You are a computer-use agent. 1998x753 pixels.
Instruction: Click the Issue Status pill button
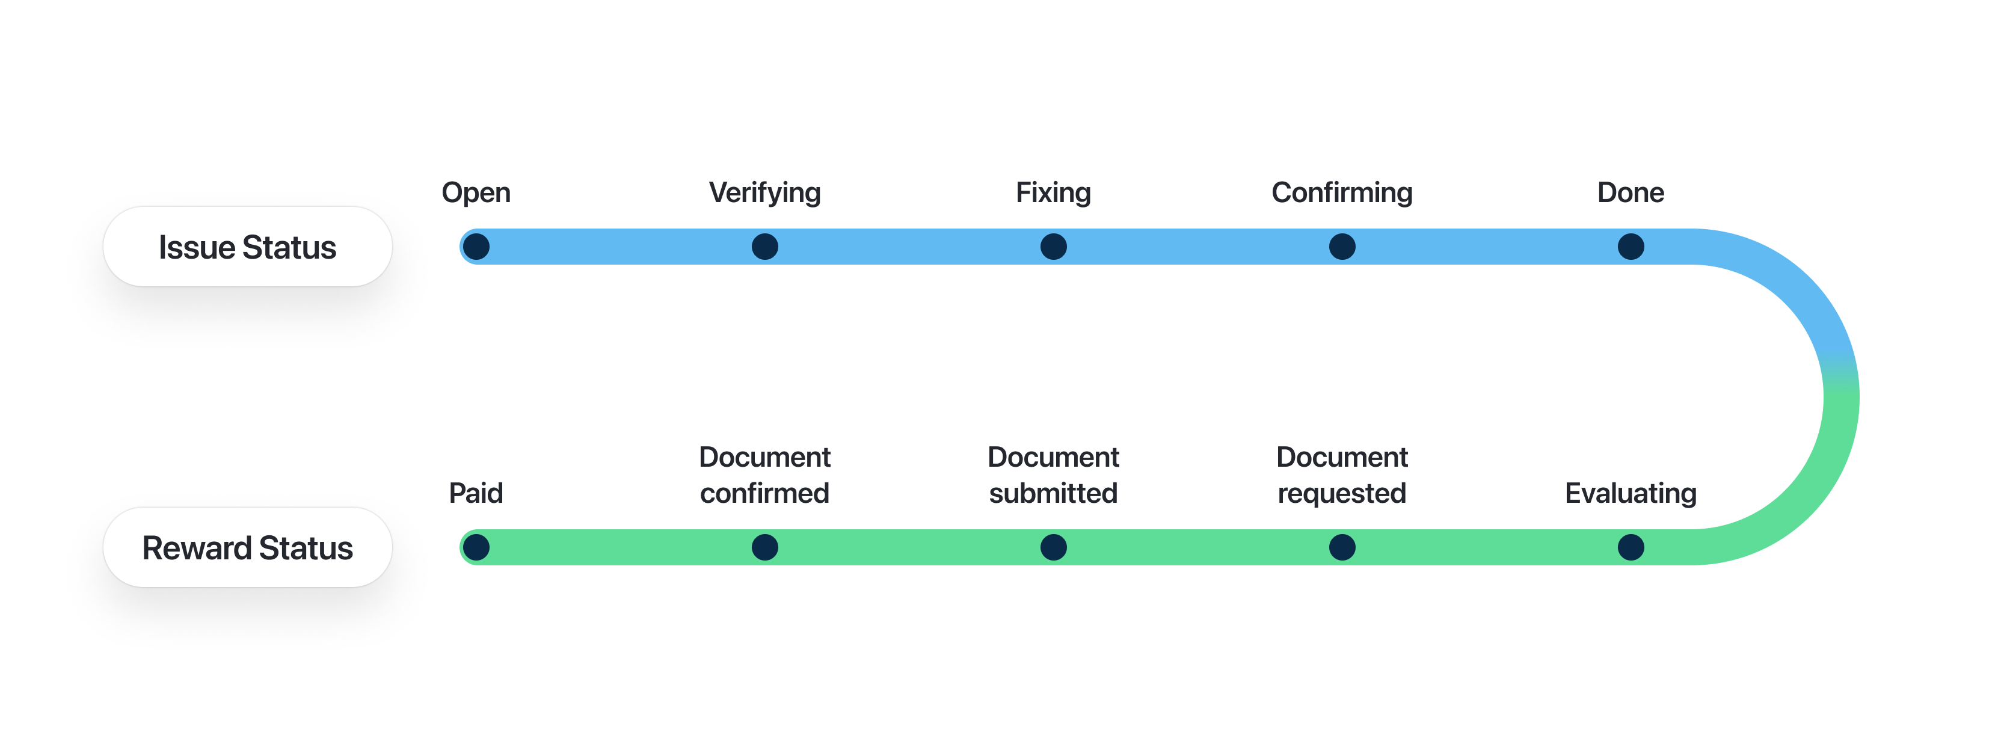(247, 247)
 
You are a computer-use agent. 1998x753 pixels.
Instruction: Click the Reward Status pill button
(247, 547)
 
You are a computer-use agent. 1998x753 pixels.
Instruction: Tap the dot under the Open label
(476, 247)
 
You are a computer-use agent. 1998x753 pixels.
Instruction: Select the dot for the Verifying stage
(765, 247)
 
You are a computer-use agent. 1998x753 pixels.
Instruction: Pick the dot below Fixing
(1053, 247)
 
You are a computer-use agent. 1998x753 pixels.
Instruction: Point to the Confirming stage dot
(1342, 247)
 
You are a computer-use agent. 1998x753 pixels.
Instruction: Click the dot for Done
(1631, 247)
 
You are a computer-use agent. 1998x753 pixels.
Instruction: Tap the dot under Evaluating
(1631, 547)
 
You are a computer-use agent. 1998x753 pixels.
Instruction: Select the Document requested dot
(1342, 547)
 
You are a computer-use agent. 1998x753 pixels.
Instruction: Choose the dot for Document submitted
(1053, 547)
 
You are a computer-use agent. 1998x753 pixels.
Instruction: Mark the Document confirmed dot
(765, 547)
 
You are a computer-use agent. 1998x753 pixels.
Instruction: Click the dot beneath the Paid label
(476, 547)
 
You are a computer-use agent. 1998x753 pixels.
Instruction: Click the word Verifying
(765, 192)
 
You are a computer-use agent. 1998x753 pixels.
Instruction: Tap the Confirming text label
(1342, 192)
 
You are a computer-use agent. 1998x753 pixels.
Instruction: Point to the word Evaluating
(1631, 493)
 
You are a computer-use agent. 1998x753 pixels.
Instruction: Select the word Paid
(476, 493)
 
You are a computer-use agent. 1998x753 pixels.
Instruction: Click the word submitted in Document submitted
(1053, 493)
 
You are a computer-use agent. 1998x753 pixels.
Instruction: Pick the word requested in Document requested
(1342, 493)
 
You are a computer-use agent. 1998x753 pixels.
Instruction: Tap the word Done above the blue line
(1631, 192)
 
